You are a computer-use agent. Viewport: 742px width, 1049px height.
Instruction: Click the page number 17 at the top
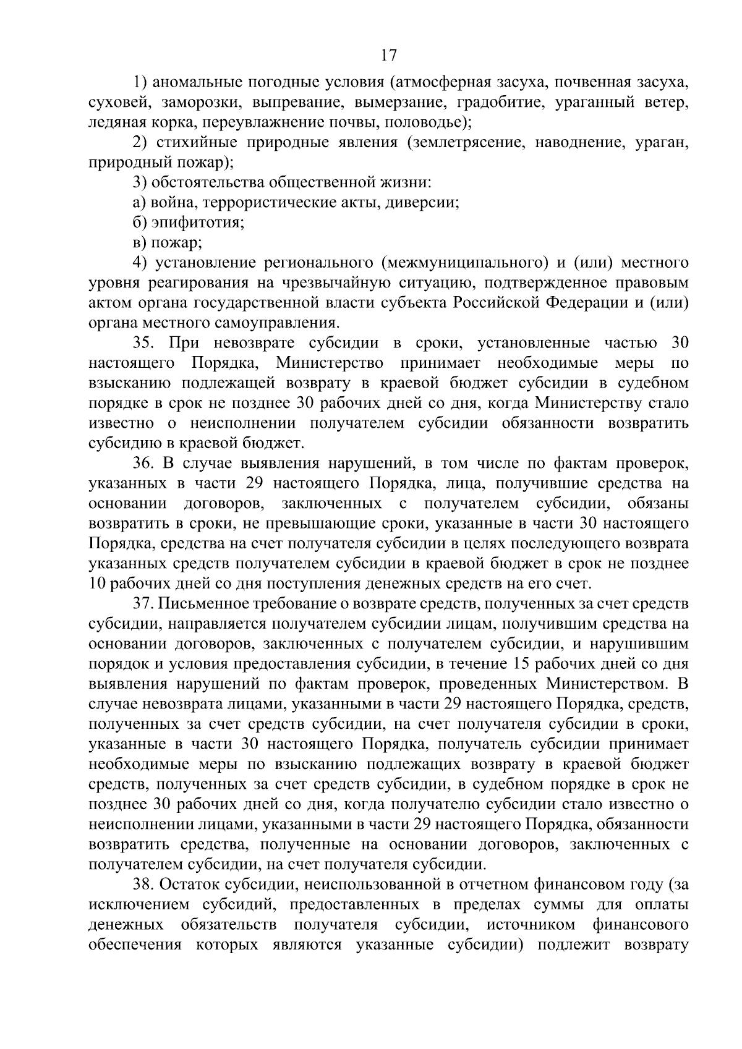[x=388, y=56]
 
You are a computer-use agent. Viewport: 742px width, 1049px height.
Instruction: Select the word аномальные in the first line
[x=198, y=82]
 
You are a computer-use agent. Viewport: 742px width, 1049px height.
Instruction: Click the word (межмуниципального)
[x=466, y=263]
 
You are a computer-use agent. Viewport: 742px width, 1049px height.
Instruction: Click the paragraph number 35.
[x=143, y=344]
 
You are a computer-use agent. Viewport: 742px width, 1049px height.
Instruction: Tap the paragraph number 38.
[x=143, y=885]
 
